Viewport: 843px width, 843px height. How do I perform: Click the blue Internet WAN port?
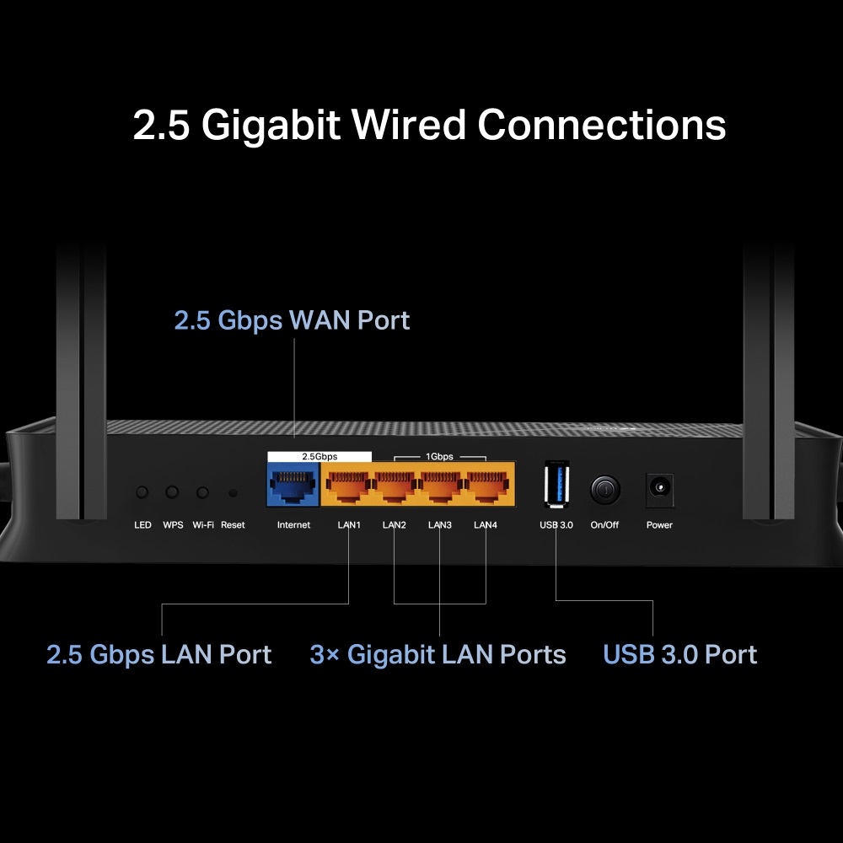[x=293, y=486]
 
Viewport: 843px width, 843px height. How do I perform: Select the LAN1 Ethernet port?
[x=347, y=486]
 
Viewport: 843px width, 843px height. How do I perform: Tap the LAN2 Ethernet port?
[x=394, y=486]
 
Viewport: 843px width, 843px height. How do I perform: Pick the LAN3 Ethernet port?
[x=439, y=486]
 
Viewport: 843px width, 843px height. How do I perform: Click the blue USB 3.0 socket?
[x=556, y=485]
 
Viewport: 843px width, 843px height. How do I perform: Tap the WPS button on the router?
[x=172, y=491]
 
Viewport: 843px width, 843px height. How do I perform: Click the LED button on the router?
[x=142, y=491]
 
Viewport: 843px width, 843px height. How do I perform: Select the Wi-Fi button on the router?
[x=202, y=491]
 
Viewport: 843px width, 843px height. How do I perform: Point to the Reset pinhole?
[x=233, y=492]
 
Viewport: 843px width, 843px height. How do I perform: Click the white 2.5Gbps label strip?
[x=319, y=456]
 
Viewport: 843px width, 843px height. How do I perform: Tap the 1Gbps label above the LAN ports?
[x=439, y=456]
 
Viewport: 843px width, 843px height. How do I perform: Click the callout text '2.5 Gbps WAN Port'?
[x=292, y=320]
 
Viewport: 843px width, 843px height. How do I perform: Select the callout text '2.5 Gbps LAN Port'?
[x=159, y=655]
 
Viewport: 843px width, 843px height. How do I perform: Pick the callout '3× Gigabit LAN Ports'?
[x=438, y=655]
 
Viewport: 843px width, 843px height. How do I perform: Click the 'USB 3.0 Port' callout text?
[x=680, y=655]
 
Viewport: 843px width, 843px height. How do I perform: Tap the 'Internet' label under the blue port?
[x=293, y=525]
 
